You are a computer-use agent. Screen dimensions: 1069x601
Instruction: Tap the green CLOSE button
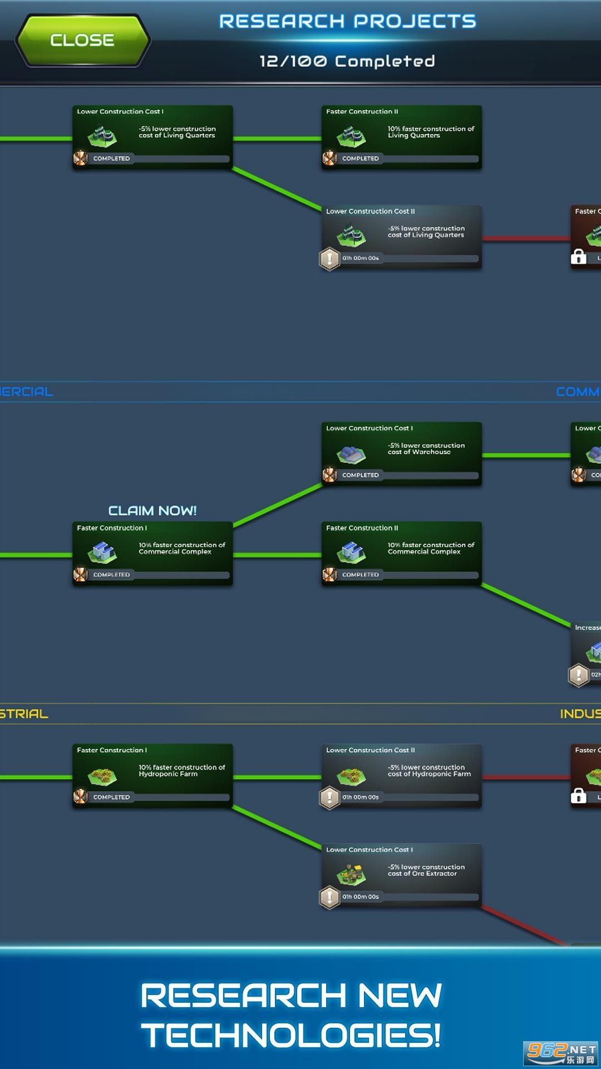click(82, 40)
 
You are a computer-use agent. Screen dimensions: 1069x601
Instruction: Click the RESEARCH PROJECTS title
click(347, 21)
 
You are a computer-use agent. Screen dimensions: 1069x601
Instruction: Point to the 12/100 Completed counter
click(347, 61)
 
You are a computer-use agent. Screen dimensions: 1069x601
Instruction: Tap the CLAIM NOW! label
click(152, 511)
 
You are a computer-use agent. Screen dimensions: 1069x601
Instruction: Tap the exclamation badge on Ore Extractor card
click(329, 897)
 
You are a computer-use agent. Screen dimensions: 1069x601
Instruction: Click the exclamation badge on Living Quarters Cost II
click(329, 258)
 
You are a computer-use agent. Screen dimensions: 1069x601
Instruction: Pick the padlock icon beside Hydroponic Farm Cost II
click(579, 796)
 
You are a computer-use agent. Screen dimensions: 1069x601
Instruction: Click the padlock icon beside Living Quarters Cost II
click(579, 257)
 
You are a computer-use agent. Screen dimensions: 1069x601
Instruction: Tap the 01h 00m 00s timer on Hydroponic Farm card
click(361, 797)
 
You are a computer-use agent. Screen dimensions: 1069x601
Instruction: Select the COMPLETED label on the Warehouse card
click(361, 475)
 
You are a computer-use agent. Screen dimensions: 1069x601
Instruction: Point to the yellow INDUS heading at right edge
click(580, 714)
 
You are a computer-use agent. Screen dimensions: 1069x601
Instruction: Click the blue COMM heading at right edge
click(578, 392)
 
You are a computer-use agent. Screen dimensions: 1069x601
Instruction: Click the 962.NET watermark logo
click(561, 1052)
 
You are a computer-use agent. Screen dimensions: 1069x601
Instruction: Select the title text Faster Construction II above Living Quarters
click(362, 111)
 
